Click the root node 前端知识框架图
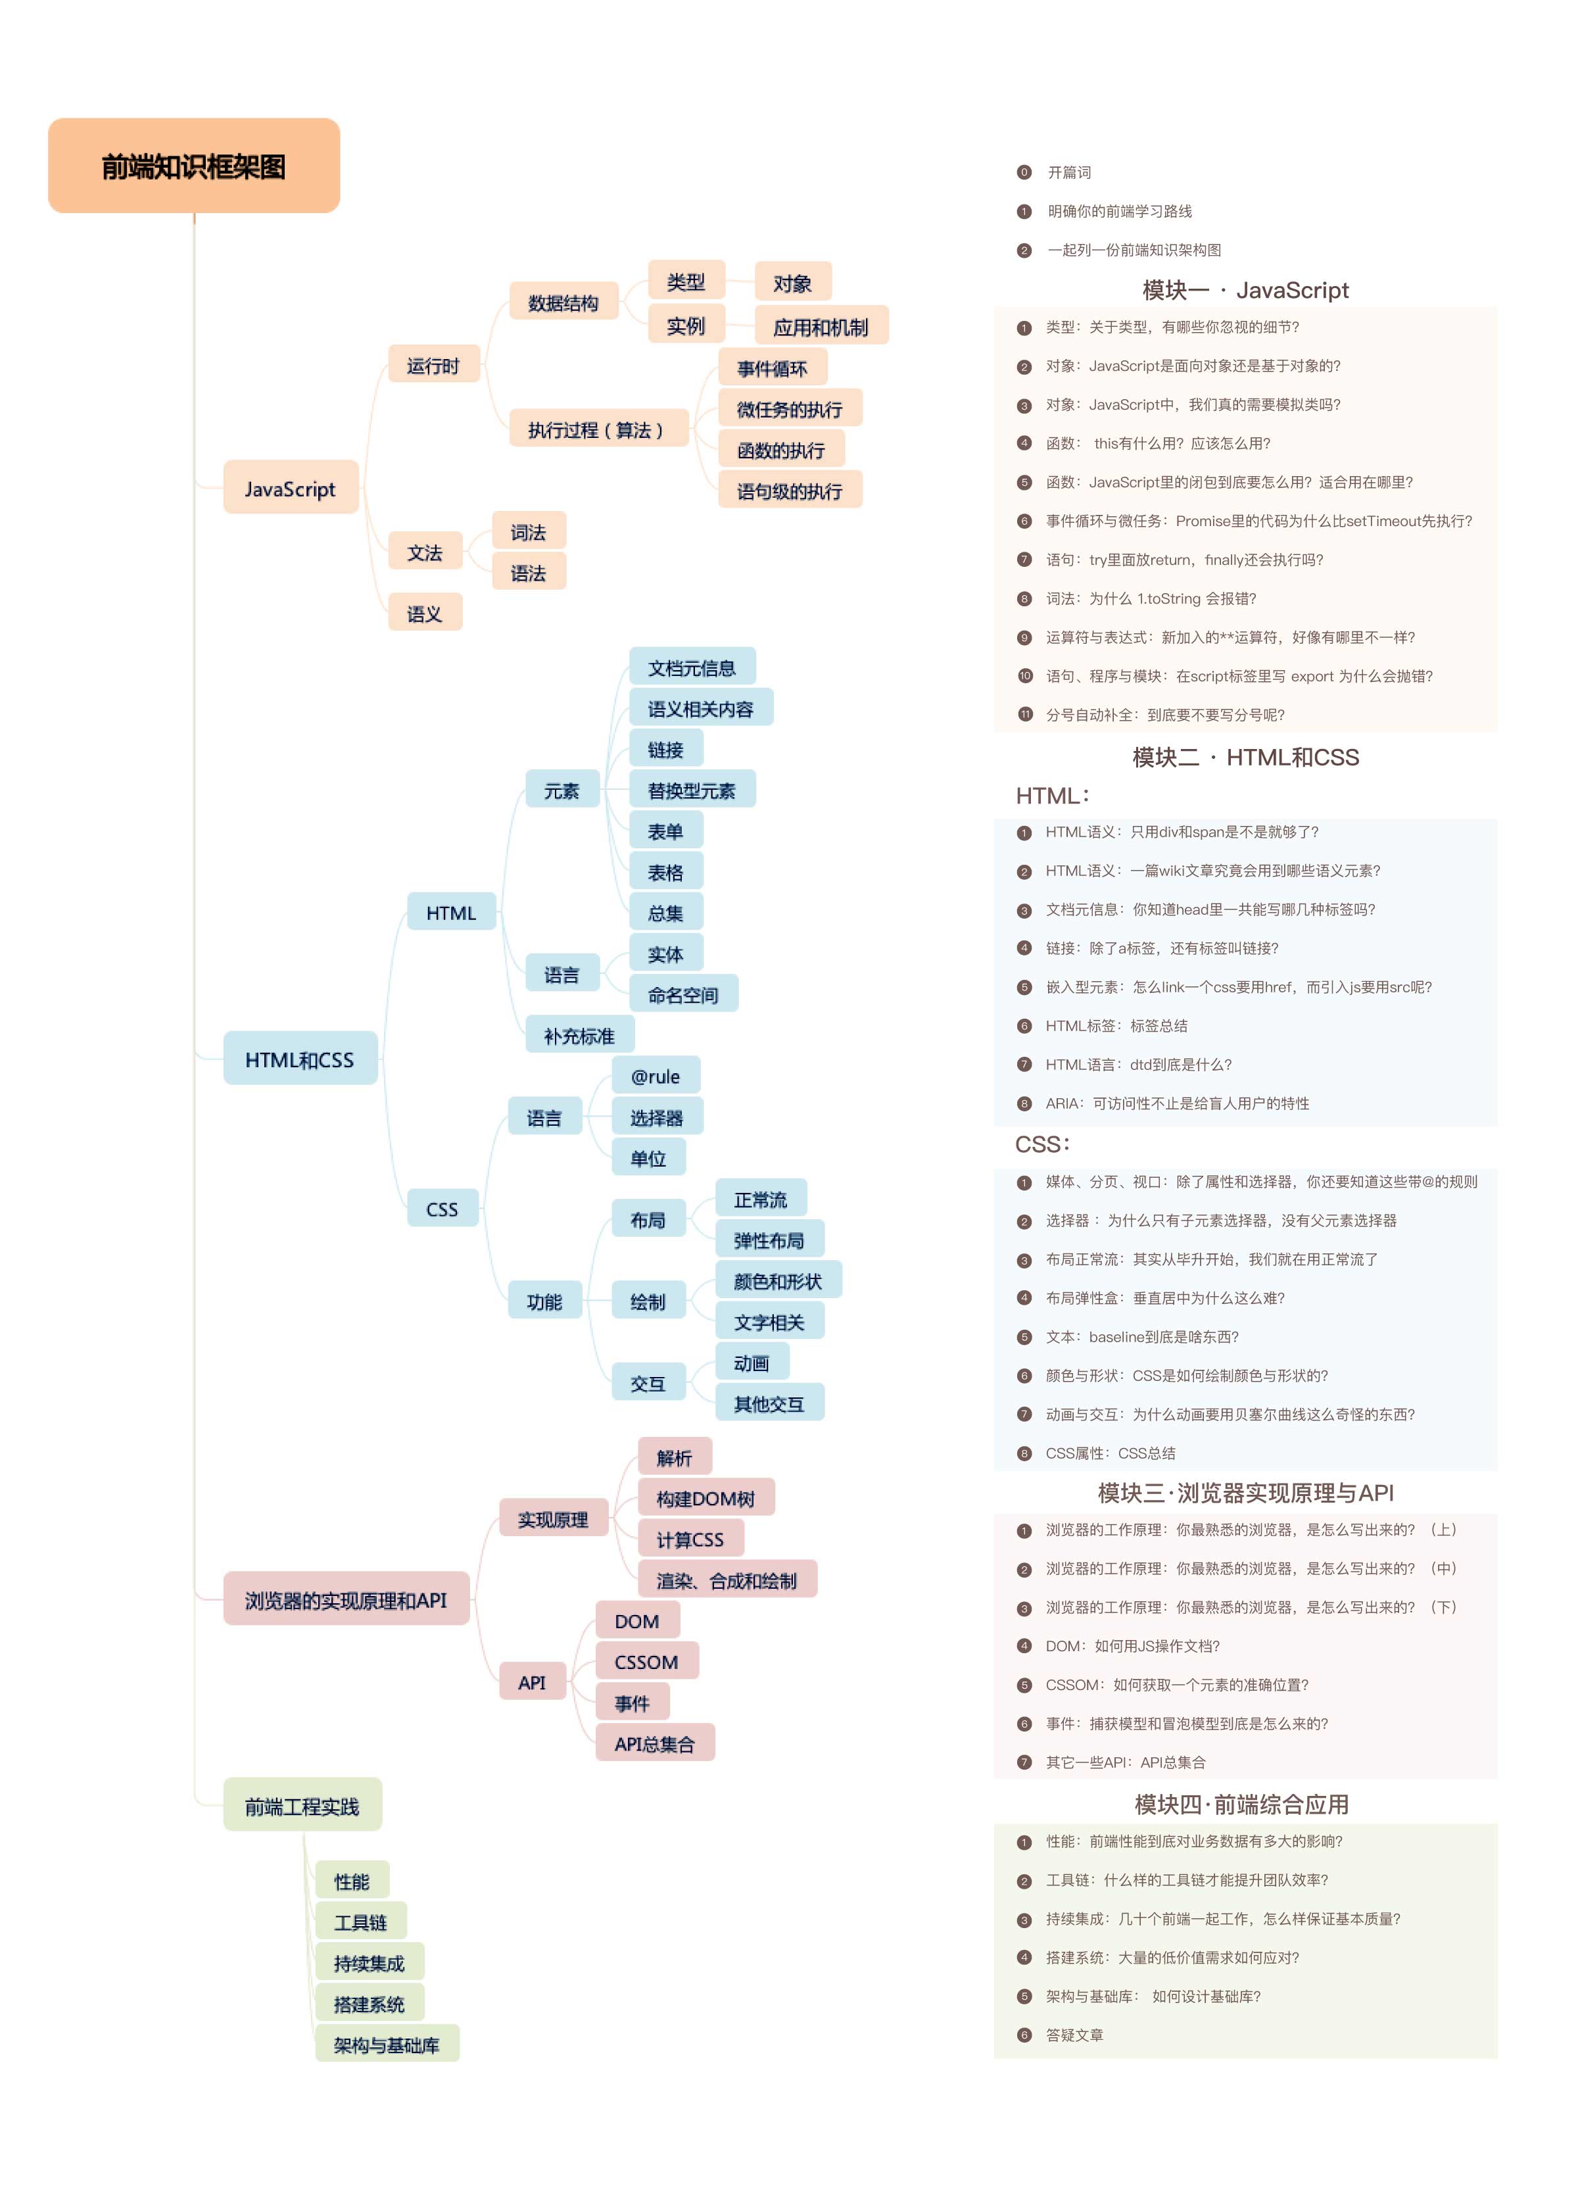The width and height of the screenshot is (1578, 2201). point(194,166)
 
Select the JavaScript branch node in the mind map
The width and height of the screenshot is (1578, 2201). point(290,488)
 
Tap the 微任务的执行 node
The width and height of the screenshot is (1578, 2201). point(790,408)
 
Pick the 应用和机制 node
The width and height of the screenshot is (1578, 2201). point(821,327)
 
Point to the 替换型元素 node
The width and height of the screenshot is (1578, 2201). point(692,790)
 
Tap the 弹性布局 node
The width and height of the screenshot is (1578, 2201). point(769,1240)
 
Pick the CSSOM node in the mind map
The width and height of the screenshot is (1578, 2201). point(646,1661)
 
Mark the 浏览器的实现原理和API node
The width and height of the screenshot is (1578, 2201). point(347,1599)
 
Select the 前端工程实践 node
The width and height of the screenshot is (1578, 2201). point(303,1806)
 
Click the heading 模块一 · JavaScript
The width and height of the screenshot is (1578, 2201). point(1245,290)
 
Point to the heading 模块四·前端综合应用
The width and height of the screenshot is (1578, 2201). point(1242,1804)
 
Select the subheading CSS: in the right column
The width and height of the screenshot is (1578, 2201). point(1042,1144)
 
